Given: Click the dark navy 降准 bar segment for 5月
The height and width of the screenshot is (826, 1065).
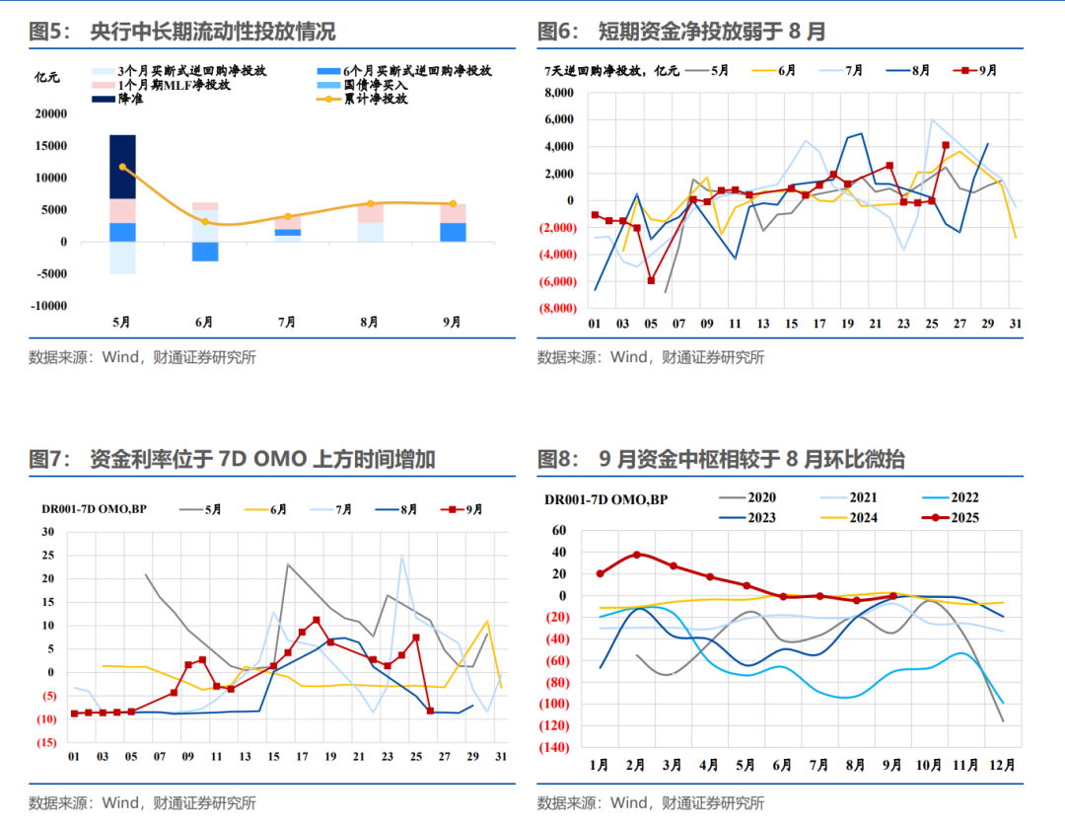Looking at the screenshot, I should (122, 166).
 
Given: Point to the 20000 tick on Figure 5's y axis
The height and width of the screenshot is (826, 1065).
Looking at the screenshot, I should (50, 114).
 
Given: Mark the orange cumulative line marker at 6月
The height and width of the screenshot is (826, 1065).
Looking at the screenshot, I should (204, 221).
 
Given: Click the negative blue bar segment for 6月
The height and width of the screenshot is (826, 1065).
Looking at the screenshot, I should (204, 252).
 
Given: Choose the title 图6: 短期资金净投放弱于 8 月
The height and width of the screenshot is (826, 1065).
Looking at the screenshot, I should (681, 32).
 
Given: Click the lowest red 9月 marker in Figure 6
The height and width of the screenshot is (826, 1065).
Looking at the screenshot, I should (651, 280).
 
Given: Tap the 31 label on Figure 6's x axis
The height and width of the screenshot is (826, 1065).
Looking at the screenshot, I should (1016, 324).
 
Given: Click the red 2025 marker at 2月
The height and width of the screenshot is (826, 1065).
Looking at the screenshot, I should (637, 555).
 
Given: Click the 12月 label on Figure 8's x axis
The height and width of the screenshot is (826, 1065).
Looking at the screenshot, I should (1003, 766).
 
